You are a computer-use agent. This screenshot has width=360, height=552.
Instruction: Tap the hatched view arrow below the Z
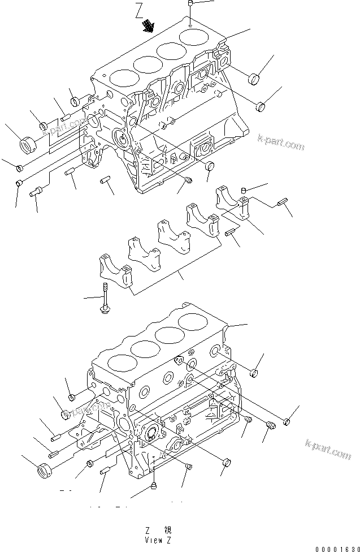point(149,25)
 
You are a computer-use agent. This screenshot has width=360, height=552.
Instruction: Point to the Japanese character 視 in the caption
point(168,531)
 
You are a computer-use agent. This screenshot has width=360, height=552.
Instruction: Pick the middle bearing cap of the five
point(171,236)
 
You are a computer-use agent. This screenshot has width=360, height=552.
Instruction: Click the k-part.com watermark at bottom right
point(328,449)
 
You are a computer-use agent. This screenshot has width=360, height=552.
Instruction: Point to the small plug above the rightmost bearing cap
point(244,189)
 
